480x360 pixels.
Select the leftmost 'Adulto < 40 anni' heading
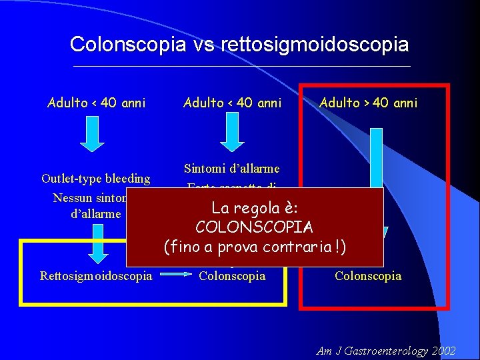pos(97,103)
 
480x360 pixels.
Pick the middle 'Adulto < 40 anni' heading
pos(233,103)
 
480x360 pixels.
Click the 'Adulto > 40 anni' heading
pos(369,103)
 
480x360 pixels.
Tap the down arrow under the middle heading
pos(233,136)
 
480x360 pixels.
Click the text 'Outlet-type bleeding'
pos(96,179)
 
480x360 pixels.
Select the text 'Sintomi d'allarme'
pos(232,168)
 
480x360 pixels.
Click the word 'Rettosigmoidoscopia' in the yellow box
pos(96,275)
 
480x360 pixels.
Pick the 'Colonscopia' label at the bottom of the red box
pos(368,275)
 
